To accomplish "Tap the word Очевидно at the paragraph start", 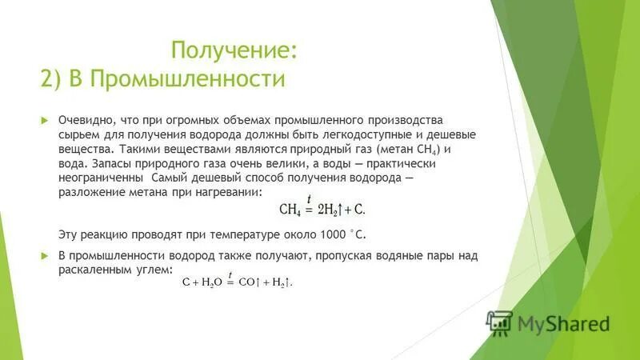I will point(83,119).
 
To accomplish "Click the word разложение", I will point(89,192).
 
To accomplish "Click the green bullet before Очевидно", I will point(46,119).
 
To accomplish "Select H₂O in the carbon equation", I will point(211,282).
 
